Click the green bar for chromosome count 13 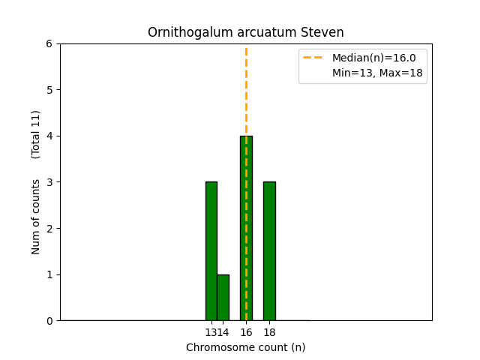click(211, 250)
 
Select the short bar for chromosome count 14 click(223, 297)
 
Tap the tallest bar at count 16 click(246, 228)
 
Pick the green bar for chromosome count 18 click(269, 250)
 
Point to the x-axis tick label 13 click(211, 332)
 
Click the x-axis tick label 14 click(223, 332)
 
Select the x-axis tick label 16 click(246, 332)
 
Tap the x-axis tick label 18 click(269, 332)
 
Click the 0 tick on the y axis click(49, 321)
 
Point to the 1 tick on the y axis click(49, 274)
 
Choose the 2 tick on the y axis click(49, 228)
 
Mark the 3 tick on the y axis click(49, 182)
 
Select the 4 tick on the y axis click(49, 136)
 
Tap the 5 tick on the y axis click(49, 90)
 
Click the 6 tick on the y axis click(49, 43)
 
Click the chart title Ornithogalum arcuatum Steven click(246, 32)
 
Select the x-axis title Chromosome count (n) click(246, 347)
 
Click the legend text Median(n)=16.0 click(373, 58)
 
